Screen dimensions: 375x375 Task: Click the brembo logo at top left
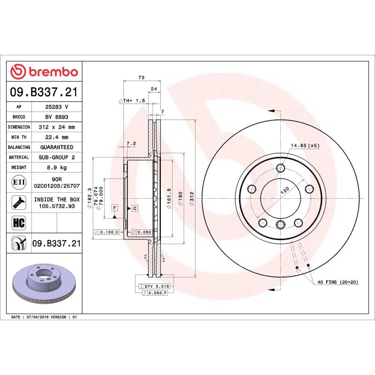click(x=44, y=72)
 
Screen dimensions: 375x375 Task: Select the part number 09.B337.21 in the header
click(x=44, y=92)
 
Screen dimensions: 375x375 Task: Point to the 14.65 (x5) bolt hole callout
click(x=305, y=146)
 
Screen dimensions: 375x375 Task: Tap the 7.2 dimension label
click(x=131, y=143)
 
